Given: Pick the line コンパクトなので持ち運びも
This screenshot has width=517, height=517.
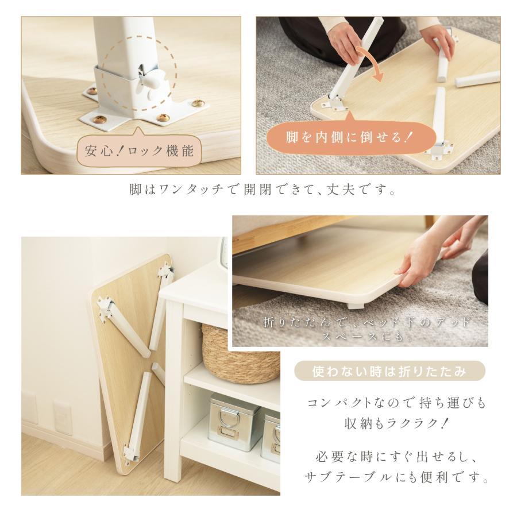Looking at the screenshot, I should click(396, 403).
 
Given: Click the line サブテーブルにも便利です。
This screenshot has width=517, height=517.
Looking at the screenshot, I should click(396, 477).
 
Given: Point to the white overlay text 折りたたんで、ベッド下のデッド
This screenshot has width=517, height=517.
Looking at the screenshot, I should click(366, 323).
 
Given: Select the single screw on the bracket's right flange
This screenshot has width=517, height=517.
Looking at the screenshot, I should click(199, 104).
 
